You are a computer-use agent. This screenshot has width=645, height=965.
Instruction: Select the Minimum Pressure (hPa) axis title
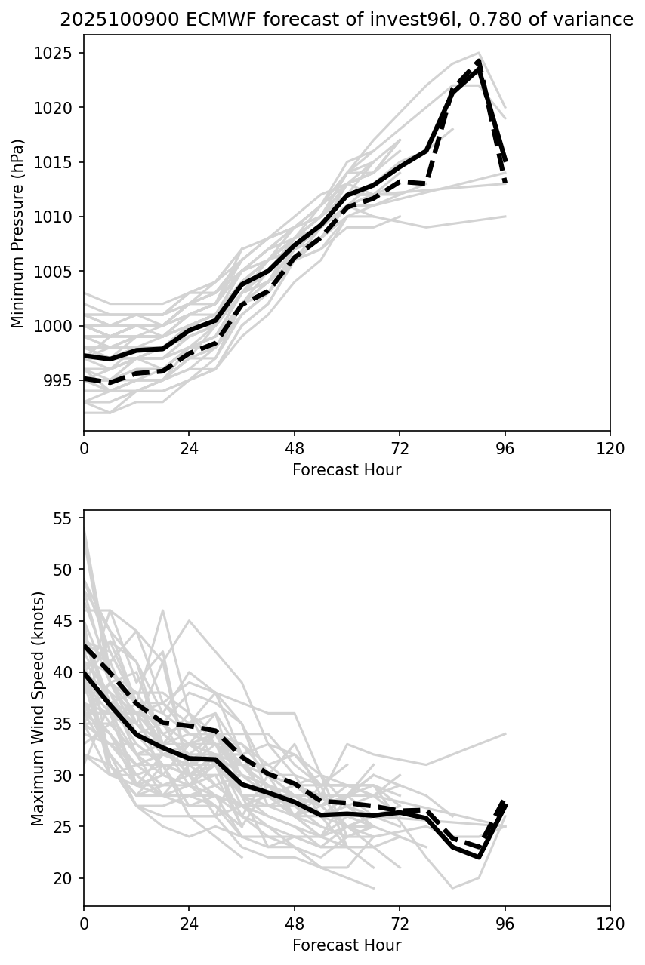click(x=18, y=233)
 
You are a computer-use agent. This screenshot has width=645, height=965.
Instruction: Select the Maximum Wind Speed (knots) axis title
click(x=38, y=708)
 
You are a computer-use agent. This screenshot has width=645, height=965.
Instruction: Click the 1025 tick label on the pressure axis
click(x=56, y=53)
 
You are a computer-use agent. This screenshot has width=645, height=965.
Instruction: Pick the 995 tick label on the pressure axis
click(x=60, y=380)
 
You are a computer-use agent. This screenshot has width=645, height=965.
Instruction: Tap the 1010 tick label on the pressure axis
click(x=56, y=217)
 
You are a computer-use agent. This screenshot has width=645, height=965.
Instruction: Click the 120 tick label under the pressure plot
click(x=610, y=448)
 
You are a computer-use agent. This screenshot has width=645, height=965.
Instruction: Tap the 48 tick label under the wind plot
click(x=295, y=924)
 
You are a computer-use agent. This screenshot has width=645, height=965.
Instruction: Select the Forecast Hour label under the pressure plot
click(x=347, y=470)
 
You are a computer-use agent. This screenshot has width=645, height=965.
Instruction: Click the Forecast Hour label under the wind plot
click(x=347, y=945)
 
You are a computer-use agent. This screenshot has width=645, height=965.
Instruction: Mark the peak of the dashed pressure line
click(x=480, y=61)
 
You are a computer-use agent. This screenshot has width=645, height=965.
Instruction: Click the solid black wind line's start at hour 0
click(x=85, y=672)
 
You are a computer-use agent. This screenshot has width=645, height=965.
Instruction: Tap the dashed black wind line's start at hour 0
click(x=85, y=646)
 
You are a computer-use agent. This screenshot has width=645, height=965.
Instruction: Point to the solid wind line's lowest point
click(x=480, y=857)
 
